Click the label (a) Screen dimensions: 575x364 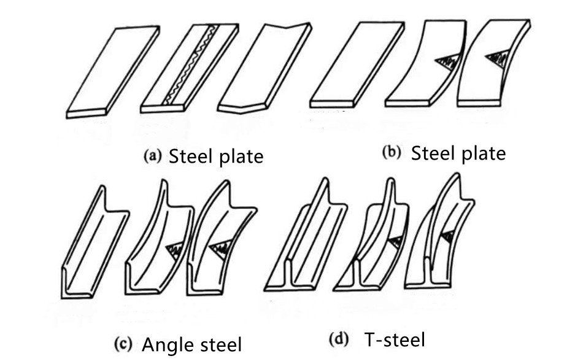[152, 156]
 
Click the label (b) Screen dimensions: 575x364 [392, 152]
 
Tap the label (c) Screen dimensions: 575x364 [123, 344]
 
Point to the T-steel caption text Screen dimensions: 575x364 [395, 339]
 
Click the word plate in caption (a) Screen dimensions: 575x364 [241, 157]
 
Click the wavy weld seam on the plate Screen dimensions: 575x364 [188, 64]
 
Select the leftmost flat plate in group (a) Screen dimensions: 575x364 [113, 72]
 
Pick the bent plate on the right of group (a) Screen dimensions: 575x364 [264, 68]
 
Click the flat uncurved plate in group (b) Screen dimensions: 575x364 [357, 64]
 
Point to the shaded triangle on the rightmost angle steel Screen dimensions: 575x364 [222, 248]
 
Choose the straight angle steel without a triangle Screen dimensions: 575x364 [95, 242]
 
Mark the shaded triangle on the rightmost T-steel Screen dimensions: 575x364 [448, 236]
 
